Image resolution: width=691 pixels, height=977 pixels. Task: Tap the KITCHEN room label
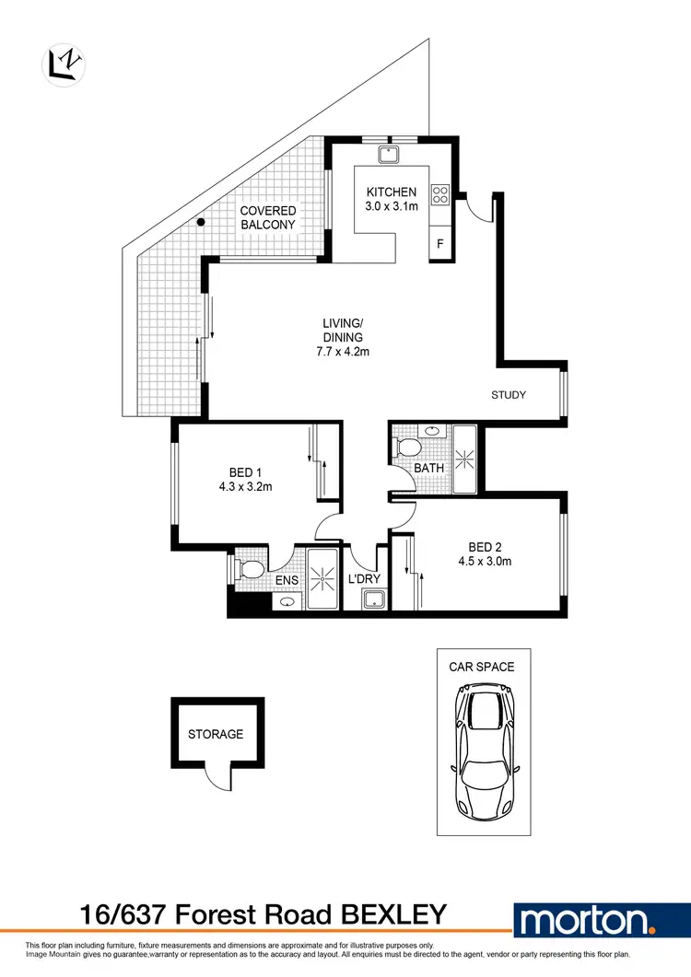click(x=392, y=192)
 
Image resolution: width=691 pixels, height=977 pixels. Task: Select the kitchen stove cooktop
click(x=440, y=194)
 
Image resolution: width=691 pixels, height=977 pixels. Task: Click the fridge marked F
click(x=440, y=245)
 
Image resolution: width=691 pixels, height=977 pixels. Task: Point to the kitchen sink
click(x=391, y=153)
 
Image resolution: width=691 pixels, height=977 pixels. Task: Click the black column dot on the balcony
click(x=200, y=223)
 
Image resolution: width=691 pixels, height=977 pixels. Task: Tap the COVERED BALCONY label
click(x=268, y=217)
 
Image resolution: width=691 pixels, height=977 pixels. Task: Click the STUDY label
click(x=508, y=395)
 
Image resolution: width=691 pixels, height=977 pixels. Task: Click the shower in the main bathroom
click(x=463, y=457)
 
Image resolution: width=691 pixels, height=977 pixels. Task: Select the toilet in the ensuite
click(x=248, y=569)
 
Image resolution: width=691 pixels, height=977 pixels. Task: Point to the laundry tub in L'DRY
click(x=373, y=600)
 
